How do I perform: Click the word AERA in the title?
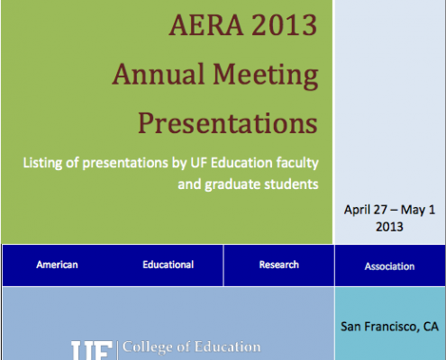[x=206, y=25]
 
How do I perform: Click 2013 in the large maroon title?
[x=284, y=25]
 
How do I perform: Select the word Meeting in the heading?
[x=266, y=76]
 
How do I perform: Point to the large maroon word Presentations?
[x=228, y=123]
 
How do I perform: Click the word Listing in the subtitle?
[x=42, y=164]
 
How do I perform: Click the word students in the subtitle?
[x=291, y=184]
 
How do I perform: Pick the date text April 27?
[x=366, y=210]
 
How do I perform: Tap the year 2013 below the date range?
[x=389, y=227]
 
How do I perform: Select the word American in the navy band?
[x=57, y=265]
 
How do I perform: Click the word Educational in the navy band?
[x=168, y=265]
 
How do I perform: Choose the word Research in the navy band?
[x=279, y=265]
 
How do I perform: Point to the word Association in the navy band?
[x=389, y=266]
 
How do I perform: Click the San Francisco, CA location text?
[x=389, y=327]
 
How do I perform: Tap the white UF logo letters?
[x=92, y=350]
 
